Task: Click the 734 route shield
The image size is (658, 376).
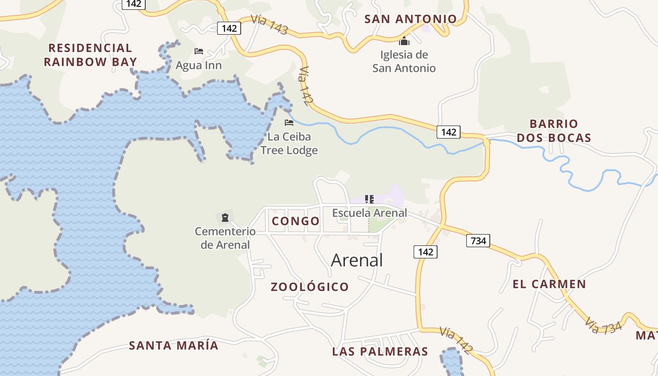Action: pyautogui.click(x=478, y=241)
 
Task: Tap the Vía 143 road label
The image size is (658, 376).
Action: pyautogui.click(x=269, y=24)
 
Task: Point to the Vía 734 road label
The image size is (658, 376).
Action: pyautogui.click(x=603, y=324)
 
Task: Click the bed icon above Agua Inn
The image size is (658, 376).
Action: pyautogui.click(x=199, y=51)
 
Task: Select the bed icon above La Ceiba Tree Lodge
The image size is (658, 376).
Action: pyautogui.click(x=289, y=123)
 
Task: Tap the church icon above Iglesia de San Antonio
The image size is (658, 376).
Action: pyautogui.click(x=404, y=41)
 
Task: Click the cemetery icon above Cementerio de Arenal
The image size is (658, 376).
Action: pyautogui.click(x=225, y=217)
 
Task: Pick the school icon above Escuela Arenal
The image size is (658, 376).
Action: pyautogui.click(x=369, y=199)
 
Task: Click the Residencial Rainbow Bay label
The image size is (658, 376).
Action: pyautogui.click(x=90, y=55)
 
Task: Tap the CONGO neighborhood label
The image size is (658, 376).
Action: pyautogui.click(x=296, y=221)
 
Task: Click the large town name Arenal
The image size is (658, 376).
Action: pyautogui.click(x=357, y=260)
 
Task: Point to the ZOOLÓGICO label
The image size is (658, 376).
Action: pyautogui.click(x=310, y=287)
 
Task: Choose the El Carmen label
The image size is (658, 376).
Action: pyautogui.click(x=549, y=284)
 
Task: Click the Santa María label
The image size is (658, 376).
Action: pyautogui.click(x=173, y=345)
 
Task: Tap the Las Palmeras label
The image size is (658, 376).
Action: pyautogui.click(x=380, y=352)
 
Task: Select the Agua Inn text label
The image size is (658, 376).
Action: pyautogui.click(x=198, y=65)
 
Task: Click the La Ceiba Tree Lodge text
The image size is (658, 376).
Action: pyautogui.click(x=289, y=144)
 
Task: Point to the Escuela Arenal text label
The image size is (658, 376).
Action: pyautogui.click(x=369, y=212)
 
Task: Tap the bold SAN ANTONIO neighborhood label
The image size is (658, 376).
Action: pyautogui.click(x=410, y=19)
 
